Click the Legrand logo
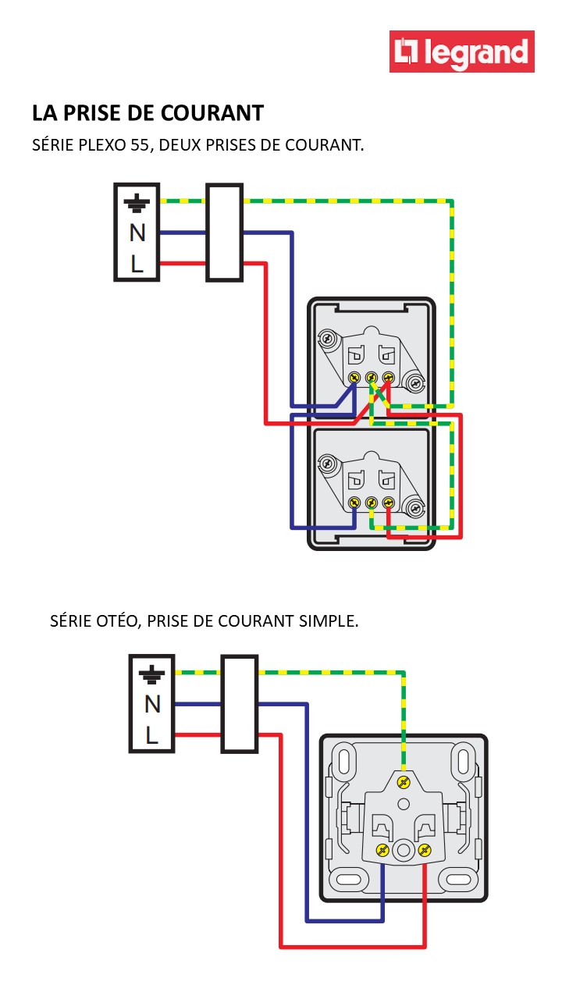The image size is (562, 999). [462, 52]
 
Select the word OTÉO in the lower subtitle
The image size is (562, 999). [116, 621]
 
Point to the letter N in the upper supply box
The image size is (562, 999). [137, 233]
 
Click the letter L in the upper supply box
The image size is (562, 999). [137, 265]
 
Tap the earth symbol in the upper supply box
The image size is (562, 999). [137, 204]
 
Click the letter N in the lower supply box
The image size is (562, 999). [152, 704]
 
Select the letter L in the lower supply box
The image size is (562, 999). [152, 735]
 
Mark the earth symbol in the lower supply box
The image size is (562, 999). [152, 674]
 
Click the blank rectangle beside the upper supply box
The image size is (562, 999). [224, 233]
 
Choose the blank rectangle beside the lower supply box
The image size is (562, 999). [239, 704]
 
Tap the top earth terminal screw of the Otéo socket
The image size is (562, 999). [404, 782]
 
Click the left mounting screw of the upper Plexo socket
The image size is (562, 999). [327, 339]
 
